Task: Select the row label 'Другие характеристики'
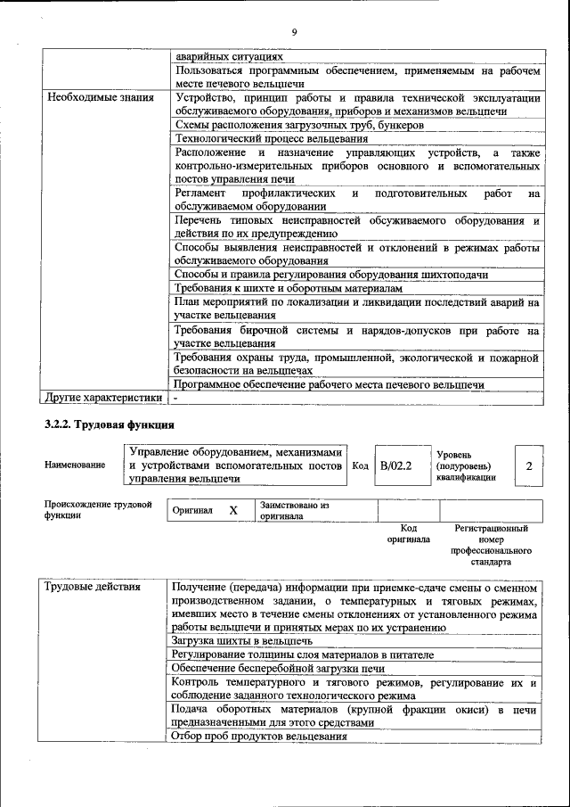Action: click(104, 398)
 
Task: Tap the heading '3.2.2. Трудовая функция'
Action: click(110, 424)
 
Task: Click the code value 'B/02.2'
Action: click(395, 465)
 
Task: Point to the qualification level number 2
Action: click(529, 465)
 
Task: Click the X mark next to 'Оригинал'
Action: click(233, 510)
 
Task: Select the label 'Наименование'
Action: click(74, 465)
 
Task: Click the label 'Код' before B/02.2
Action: click(361, 465)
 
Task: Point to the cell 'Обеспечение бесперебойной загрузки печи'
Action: click(279, 668)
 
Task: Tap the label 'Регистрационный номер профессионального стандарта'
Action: click(491, 546)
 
